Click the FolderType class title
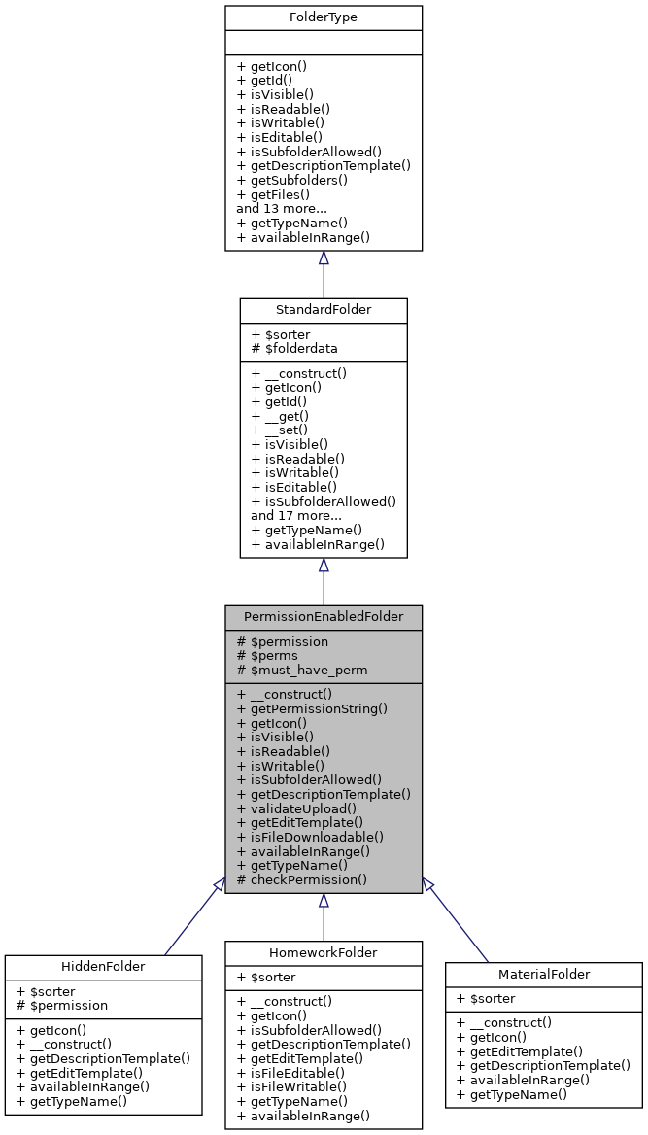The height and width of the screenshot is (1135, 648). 323,17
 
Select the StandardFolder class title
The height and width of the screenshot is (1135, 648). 323,311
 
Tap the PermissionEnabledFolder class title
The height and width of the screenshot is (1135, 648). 323,617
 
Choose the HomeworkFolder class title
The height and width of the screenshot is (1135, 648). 323,952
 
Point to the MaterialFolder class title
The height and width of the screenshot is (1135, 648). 543,974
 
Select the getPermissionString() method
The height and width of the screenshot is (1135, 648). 312,708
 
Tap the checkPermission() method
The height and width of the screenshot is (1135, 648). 301,879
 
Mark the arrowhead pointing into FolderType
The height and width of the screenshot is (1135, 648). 324,258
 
